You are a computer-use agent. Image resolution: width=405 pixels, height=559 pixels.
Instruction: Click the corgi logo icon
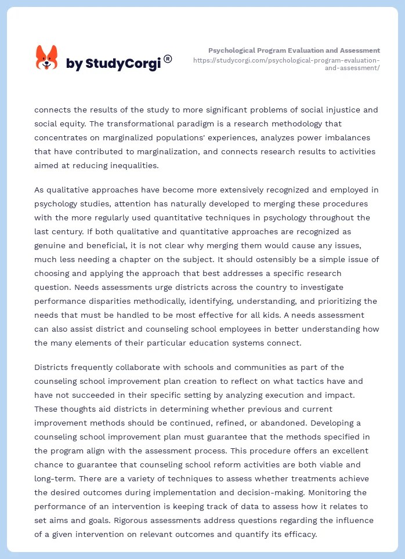point(46,59)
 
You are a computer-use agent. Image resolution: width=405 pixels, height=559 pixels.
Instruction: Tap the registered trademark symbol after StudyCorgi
point(168,59)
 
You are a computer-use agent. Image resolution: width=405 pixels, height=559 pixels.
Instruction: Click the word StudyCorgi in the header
point(122,64)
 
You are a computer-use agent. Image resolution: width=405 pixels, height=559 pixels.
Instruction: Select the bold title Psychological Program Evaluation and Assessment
point(294,50)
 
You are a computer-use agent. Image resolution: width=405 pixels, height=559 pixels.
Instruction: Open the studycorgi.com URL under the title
point(287,64)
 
